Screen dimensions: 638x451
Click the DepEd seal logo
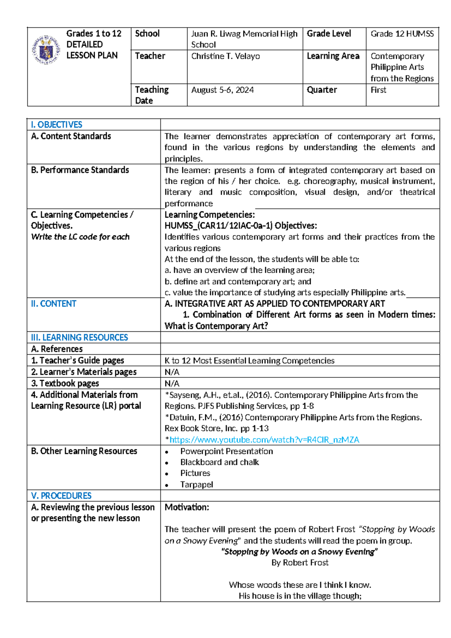46,50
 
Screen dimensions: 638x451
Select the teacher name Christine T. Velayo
225,56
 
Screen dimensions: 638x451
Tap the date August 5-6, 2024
222,90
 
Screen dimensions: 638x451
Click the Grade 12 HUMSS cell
402,34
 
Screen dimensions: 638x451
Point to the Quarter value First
378,90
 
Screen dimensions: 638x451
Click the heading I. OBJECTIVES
56,125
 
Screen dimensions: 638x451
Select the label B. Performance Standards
80,170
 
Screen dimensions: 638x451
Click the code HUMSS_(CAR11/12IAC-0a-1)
218,226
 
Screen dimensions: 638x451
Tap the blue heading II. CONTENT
53,304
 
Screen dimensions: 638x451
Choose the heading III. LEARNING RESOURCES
79,337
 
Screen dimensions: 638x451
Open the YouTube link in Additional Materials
264,440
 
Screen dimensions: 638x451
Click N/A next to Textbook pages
172,383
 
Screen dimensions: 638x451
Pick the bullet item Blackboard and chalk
219,462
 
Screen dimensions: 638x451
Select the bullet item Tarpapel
197,485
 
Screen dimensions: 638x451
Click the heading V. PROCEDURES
61,496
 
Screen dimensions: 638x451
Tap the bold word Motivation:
187,507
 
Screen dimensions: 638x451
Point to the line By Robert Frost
300,563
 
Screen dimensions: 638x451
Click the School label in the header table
147,34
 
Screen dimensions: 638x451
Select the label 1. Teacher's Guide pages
77,360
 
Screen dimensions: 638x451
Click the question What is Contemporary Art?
216,326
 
